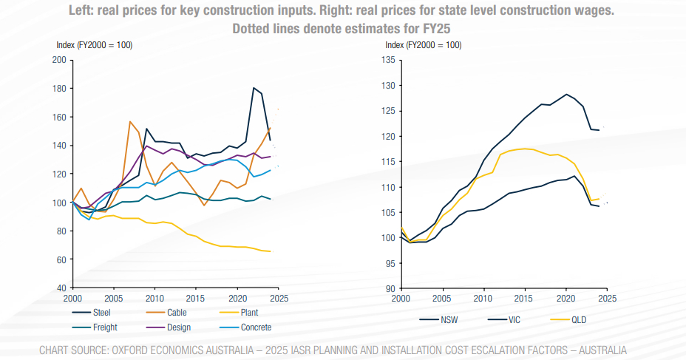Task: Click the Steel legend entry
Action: (103, 313)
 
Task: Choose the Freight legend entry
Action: (106, 327)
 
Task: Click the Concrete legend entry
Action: (257, 327)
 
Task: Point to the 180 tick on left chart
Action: (60, 89)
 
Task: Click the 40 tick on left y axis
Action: (62, 288)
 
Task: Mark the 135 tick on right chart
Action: (389, 60)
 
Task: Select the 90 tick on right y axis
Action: (391, 288)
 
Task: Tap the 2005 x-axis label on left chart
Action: (114, 299)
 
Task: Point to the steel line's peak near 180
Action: (254, 88)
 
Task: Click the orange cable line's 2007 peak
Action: (130, 121)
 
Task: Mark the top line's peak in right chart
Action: (566, 94)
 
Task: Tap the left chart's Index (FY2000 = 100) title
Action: (94, 45)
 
